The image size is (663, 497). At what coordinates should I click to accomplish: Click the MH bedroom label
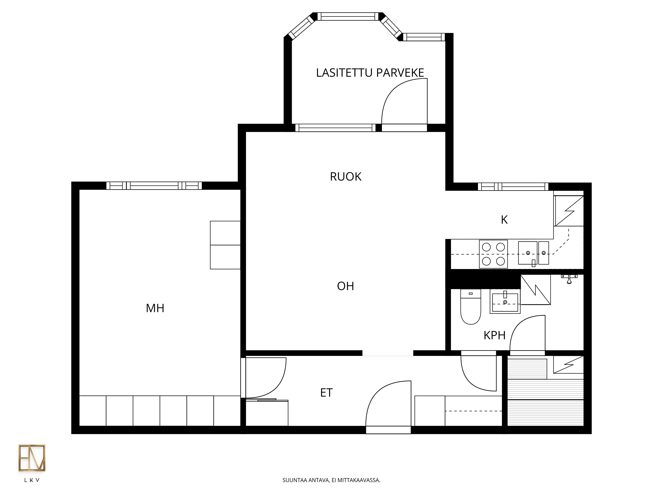(x=155, y=308)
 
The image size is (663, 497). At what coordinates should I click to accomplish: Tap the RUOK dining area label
(x=346, y=177)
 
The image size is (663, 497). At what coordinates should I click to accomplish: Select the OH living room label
(x=346, y=286)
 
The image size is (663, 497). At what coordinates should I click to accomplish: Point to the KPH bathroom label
(x=495, y=335)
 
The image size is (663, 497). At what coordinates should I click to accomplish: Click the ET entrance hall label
(x=326, y=393)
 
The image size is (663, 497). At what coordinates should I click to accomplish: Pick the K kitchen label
(x=504, y=220)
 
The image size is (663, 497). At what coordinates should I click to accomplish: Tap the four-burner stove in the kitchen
(x=493, y=254)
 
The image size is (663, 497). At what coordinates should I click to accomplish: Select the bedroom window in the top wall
(x=154, y=186)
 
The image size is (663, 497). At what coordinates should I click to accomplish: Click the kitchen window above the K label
(x=513, y=187)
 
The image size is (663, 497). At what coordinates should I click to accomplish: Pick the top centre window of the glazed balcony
(x=348, y=16)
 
